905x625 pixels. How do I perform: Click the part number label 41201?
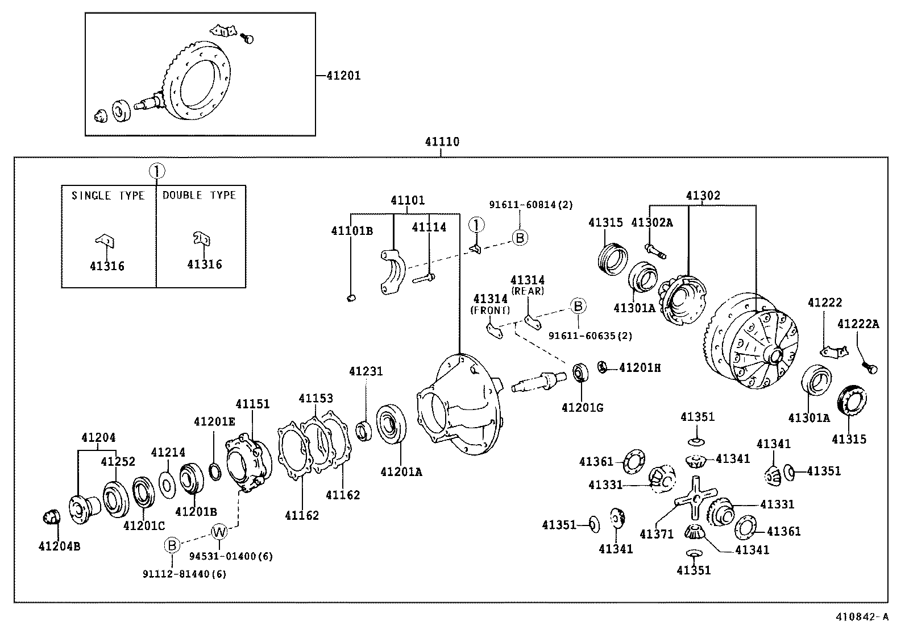343,76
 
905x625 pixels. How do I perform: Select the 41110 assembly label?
442,142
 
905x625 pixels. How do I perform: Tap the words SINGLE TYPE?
108,196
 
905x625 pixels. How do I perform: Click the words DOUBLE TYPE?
199,195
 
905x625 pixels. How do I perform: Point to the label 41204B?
59,547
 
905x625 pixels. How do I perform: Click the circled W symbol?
219,532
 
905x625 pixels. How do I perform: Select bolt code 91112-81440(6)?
184,574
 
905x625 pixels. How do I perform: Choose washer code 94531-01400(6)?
231,556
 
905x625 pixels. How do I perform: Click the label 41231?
366,371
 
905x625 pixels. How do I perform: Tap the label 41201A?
401,471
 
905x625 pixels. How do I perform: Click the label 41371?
656,534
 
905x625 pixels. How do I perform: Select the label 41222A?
858,324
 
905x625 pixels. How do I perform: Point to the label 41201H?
640,368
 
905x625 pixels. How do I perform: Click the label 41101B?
352,230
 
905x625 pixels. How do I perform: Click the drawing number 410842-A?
860,616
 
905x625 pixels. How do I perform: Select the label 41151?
252,404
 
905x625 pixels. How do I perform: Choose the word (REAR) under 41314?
527,291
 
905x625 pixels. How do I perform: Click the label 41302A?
651,223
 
